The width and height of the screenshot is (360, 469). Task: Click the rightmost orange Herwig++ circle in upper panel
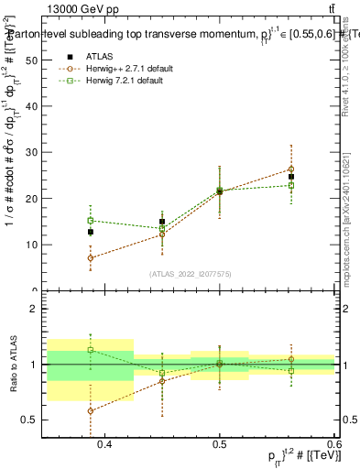291,169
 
